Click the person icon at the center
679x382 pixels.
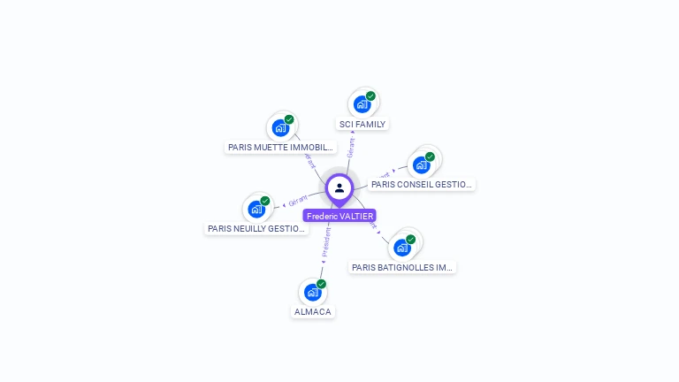point(339,187)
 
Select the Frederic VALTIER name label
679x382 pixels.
point(339,216)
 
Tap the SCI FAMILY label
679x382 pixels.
point(362,125)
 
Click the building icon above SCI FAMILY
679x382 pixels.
point(362,104)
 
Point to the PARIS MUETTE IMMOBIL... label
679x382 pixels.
point(280,148)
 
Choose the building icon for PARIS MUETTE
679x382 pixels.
point(280,128)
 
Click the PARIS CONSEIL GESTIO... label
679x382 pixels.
point(421,185)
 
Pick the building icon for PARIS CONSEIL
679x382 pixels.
point(422,164)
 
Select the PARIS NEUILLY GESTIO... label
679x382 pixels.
point(256,229)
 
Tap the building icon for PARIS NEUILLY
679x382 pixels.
point(256,210)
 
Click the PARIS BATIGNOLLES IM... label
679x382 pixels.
point(402,267)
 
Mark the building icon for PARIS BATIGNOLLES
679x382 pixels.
point(402,248)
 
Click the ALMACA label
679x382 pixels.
point(313,312)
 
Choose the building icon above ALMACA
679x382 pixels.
point(312,292)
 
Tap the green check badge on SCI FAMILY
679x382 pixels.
point(370,95)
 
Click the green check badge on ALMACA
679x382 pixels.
point(321,284)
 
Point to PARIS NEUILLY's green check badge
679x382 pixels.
point(265,201)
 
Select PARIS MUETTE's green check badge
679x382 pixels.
point(289,119)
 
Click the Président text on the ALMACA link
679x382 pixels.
point(326,241)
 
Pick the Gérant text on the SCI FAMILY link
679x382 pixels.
point(351,148)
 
